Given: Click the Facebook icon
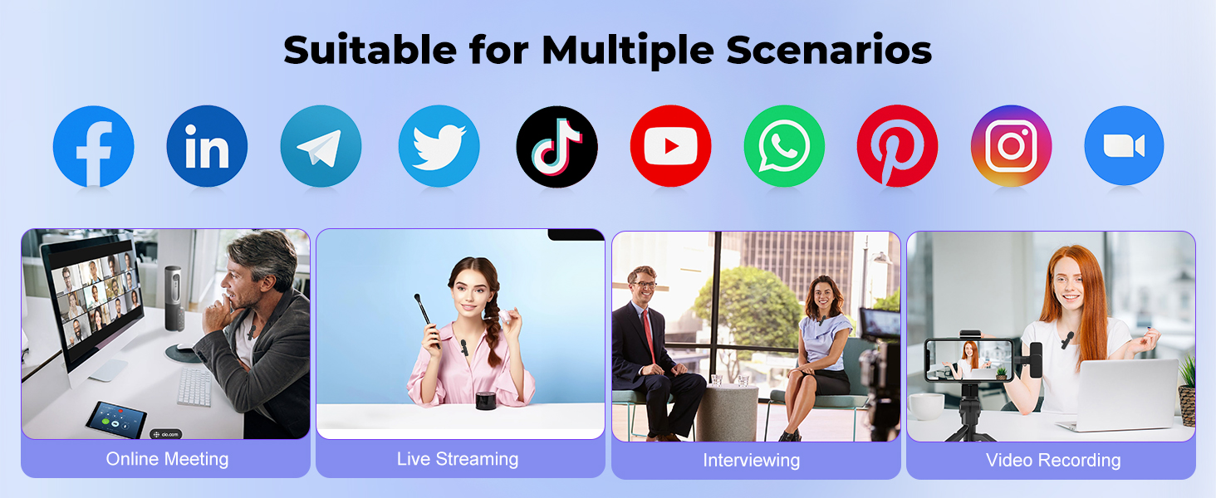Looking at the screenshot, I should pos(93,147).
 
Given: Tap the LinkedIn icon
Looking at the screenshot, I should pos(207,147).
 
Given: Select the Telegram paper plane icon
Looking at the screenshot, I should pos(321,147).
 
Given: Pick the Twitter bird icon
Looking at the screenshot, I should pos(439,147).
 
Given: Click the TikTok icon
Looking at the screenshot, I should pos(557,147).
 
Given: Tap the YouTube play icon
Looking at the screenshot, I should pos(670,147).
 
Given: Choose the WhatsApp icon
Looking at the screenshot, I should pos(784,147).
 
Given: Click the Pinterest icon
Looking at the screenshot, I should pos(897,147).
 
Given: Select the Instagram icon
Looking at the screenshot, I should pos(1011,147).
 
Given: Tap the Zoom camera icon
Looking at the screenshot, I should pos(1124,147).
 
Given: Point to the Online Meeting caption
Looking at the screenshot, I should pos(167,458).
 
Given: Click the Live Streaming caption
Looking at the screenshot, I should pos(458,458).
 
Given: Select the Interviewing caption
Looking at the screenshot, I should pos(751,460).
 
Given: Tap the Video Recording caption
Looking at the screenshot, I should pos(1052,460).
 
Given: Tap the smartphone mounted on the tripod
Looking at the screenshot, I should pos(968,359).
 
